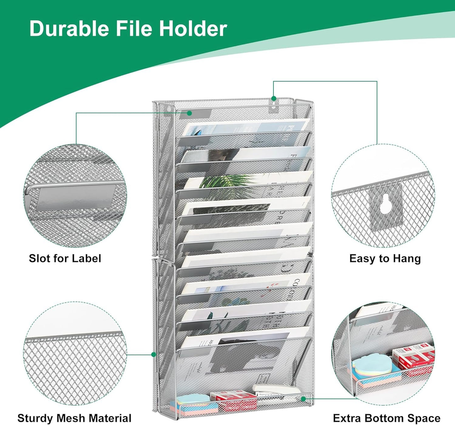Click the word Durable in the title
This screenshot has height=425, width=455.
tap(69, 28)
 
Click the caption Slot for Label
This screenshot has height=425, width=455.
tap(65, 258)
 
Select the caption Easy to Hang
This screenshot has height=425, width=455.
tap(385, 258)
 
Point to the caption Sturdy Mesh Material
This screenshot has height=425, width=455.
tap(74, 418)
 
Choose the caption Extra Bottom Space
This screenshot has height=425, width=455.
tap(387, 418)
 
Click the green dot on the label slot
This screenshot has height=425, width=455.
tap(189, 113)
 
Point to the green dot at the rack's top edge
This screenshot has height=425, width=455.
tap(274, 99)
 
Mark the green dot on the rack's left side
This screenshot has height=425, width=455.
tap(154, 354)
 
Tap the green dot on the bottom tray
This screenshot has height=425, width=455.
tap(303, 399)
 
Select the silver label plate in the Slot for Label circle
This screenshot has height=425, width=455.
tap(76, 197)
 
